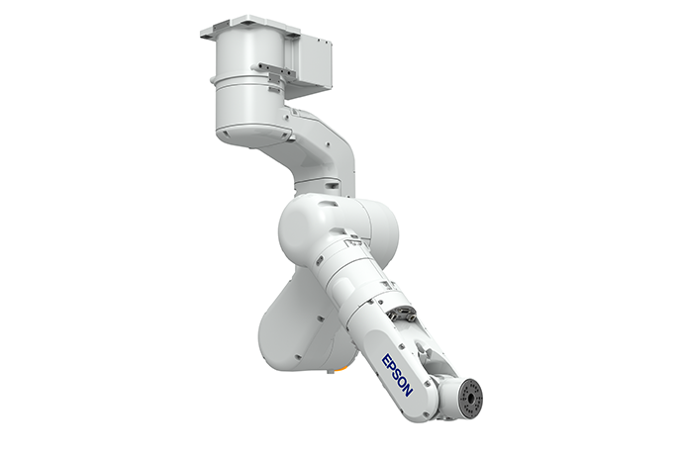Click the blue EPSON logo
pyautogui.click(x=397, y=375)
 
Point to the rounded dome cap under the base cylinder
pyautogui.click(x=251, y=135)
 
